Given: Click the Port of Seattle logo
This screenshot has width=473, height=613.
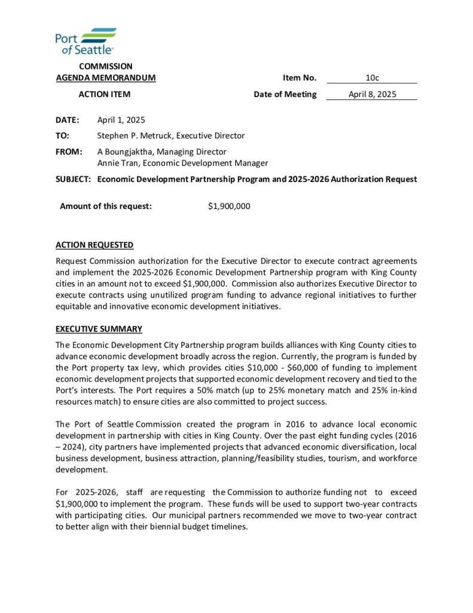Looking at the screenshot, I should coord(86,41).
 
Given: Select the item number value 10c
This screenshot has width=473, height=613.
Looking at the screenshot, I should coord(372,78).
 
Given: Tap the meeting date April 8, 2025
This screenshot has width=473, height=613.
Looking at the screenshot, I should coord(372,94).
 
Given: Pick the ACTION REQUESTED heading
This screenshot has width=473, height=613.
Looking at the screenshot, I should coord(94,245).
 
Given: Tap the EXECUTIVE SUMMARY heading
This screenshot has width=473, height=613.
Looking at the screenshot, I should coord(99,329).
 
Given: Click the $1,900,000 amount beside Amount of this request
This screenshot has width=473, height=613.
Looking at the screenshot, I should coord(229,207).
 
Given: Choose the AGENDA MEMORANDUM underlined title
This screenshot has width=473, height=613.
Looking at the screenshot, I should coord(106,78).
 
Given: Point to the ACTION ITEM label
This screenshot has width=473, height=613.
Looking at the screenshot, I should coord(105,94).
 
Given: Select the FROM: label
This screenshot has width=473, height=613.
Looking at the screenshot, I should coord(69,151).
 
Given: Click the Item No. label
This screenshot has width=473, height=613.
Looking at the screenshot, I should coord(300,78).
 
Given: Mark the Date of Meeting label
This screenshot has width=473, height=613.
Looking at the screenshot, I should coord(285,94).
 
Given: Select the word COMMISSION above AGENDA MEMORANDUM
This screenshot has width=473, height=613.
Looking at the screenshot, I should coord(106,66).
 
